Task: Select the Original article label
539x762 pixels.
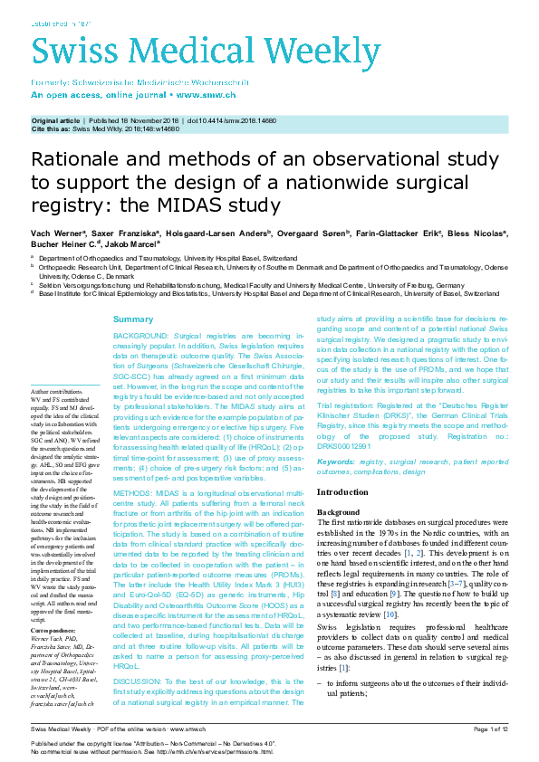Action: pyautogui.click(x=55, y=119)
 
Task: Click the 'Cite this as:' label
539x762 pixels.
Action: pyautogui.click(x=51, y=129)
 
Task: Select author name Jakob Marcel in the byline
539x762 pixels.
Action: pyautogui.click(x=133, y=243)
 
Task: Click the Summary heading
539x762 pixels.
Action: pyautogui.click(x=133, y=320)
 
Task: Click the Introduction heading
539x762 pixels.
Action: pyautogui.click(x=342, y=491)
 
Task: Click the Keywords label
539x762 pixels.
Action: pyautogui.click(x=335, y=462)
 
